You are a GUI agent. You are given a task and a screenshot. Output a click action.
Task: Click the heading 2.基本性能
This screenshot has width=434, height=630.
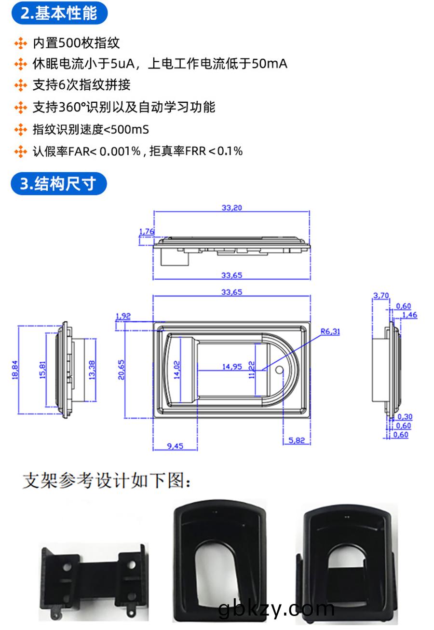[59, 13]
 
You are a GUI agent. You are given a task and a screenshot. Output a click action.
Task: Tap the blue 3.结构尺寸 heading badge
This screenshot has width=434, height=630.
[58, 184]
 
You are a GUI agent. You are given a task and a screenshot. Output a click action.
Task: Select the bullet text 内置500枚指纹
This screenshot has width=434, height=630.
[76, 43]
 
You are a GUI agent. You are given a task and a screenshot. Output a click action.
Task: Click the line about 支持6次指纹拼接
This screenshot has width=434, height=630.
[81, 85]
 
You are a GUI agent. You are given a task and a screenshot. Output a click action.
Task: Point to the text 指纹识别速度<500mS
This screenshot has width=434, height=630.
[91, 129]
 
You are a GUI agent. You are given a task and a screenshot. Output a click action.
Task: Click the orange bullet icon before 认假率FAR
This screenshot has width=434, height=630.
[20, 151]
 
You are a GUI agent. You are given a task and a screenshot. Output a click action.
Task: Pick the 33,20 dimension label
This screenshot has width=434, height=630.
[231, 208]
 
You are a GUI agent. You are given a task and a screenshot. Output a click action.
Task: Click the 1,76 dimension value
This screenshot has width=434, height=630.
[146, 232]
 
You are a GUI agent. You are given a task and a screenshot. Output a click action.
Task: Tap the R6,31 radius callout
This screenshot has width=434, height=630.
[330, 331]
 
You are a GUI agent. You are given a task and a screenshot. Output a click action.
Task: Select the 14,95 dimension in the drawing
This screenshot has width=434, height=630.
[232, 367]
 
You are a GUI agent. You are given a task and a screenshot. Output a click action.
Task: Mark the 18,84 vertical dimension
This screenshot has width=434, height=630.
[15, 369]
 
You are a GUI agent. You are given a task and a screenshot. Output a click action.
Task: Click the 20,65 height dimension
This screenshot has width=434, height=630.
[122, 370]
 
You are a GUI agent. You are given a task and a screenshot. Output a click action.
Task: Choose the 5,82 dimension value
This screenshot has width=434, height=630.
[297, 441]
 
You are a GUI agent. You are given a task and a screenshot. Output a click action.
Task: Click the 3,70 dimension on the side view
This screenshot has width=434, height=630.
[380, 296]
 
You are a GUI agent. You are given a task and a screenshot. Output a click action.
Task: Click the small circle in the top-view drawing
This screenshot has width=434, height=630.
[278, 371]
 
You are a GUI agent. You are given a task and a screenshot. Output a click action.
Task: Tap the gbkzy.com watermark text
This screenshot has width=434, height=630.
[276, 609]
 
